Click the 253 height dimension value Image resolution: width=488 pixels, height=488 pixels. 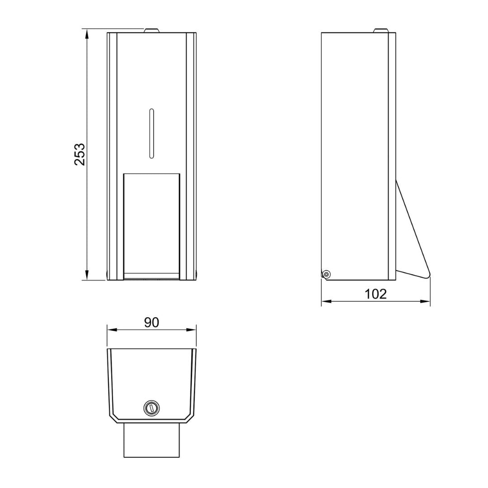80,154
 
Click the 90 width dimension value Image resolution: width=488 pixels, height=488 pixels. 152,322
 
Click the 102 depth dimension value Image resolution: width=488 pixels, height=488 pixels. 376,294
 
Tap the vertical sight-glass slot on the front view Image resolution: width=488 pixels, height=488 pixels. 152,134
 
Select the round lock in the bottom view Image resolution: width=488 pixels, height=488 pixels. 151,408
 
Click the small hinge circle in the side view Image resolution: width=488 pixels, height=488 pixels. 326,274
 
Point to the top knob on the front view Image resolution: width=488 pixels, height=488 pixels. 152,31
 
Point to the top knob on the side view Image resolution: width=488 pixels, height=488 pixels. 380,31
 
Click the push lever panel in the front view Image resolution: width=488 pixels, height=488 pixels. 152,224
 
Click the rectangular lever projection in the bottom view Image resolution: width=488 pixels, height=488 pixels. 152,440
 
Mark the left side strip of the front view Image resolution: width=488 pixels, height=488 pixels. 113,156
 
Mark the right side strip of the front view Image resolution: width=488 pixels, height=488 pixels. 191,156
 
